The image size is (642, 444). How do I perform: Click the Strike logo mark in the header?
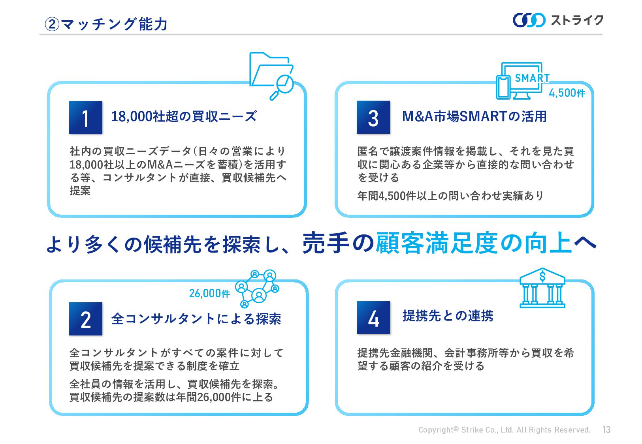point(529,20)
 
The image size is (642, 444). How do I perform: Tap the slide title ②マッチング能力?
point(106,24)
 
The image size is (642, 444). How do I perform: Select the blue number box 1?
point(86,118)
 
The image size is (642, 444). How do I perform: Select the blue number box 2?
point(86,319)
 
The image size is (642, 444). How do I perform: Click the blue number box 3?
point(373,118)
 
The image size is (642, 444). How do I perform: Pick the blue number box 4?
point(373,318)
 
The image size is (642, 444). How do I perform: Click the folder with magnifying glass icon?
point(272,75)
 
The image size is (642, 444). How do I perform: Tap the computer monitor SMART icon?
point(522,81)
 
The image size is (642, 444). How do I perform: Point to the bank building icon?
point(542,288)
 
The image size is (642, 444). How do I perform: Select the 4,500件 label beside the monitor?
point(567,93)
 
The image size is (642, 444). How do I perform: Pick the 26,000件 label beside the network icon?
point(209,293)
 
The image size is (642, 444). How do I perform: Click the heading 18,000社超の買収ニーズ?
point(184,116)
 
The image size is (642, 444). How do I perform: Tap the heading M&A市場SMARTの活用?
point(474,116)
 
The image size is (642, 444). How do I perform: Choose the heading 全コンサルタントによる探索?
point(196,318)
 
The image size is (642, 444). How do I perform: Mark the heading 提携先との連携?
point(448,316)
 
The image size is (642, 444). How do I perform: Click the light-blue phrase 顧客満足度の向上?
point(473,243)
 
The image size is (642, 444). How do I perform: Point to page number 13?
point(606,429)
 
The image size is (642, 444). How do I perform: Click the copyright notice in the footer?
point(504,430)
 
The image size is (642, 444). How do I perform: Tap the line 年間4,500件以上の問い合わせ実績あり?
point(450,196)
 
